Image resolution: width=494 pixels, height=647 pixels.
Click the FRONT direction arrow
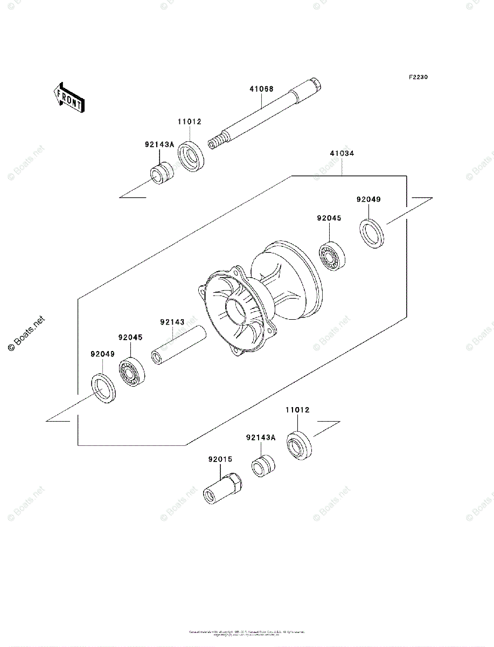[x=67, y=97]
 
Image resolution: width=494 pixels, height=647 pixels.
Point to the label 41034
[x=342, y=153]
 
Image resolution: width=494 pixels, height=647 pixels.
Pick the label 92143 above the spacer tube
[x=172, y=322]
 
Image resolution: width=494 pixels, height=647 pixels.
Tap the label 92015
[x=220, y=459]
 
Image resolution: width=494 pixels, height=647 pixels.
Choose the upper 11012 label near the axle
[x=190, y=122]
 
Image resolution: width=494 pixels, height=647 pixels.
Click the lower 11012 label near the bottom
[x=297, y=410]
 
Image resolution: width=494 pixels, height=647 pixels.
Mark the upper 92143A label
[x=159, y=144]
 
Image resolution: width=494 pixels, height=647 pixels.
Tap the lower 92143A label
[x=260, y=438]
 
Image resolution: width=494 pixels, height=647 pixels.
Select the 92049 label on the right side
[x=368, y=199]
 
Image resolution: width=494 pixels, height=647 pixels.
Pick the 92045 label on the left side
[x=130, y=338]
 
